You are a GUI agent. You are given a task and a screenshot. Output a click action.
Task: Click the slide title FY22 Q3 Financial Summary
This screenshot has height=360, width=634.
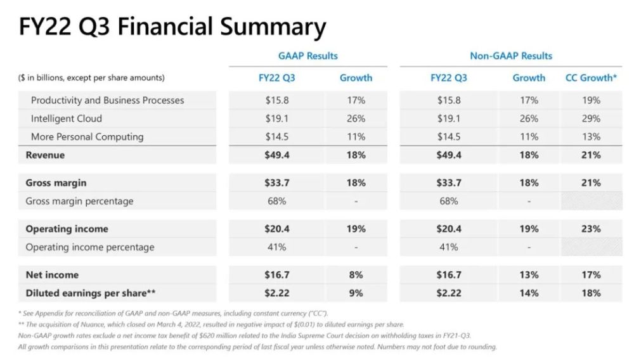172,27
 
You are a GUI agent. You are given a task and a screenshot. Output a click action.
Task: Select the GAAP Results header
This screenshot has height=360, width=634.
308,56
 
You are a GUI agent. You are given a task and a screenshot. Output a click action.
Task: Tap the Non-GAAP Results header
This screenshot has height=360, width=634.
511,56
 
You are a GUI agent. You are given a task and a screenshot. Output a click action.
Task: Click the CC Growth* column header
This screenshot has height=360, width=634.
591,78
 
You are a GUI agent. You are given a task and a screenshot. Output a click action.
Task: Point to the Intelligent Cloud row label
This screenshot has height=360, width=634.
66,119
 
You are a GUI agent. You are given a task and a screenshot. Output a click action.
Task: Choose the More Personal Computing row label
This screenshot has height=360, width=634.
87,137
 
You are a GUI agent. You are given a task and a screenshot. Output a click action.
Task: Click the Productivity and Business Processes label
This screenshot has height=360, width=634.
107,100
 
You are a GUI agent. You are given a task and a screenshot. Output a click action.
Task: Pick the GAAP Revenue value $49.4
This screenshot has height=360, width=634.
276,155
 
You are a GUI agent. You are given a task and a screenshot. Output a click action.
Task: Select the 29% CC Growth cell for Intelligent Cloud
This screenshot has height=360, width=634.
591,119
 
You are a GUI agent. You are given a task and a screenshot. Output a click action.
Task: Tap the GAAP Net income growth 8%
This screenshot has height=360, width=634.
356,275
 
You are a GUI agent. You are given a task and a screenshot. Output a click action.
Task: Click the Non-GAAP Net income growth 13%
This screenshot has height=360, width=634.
528,275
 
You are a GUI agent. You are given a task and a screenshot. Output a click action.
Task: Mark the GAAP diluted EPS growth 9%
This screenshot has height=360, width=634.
356,293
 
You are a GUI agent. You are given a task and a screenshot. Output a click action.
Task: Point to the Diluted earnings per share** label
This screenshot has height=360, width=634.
91,293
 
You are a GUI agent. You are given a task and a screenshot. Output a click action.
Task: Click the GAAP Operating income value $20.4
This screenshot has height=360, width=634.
276,229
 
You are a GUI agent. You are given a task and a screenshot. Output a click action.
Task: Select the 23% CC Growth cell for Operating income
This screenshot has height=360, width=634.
591,229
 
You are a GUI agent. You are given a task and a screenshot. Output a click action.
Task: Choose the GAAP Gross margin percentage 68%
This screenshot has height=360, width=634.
276,202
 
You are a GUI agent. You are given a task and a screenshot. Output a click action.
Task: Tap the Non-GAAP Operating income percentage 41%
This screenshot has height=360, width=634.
449,247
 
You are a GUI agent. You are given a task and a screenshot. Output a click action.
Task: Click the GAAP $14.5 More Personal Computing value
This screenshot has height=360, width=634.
276,137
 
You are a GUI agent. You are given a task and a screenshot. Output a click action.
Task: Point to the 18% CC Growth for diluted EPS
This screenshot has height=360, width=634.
591,293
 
